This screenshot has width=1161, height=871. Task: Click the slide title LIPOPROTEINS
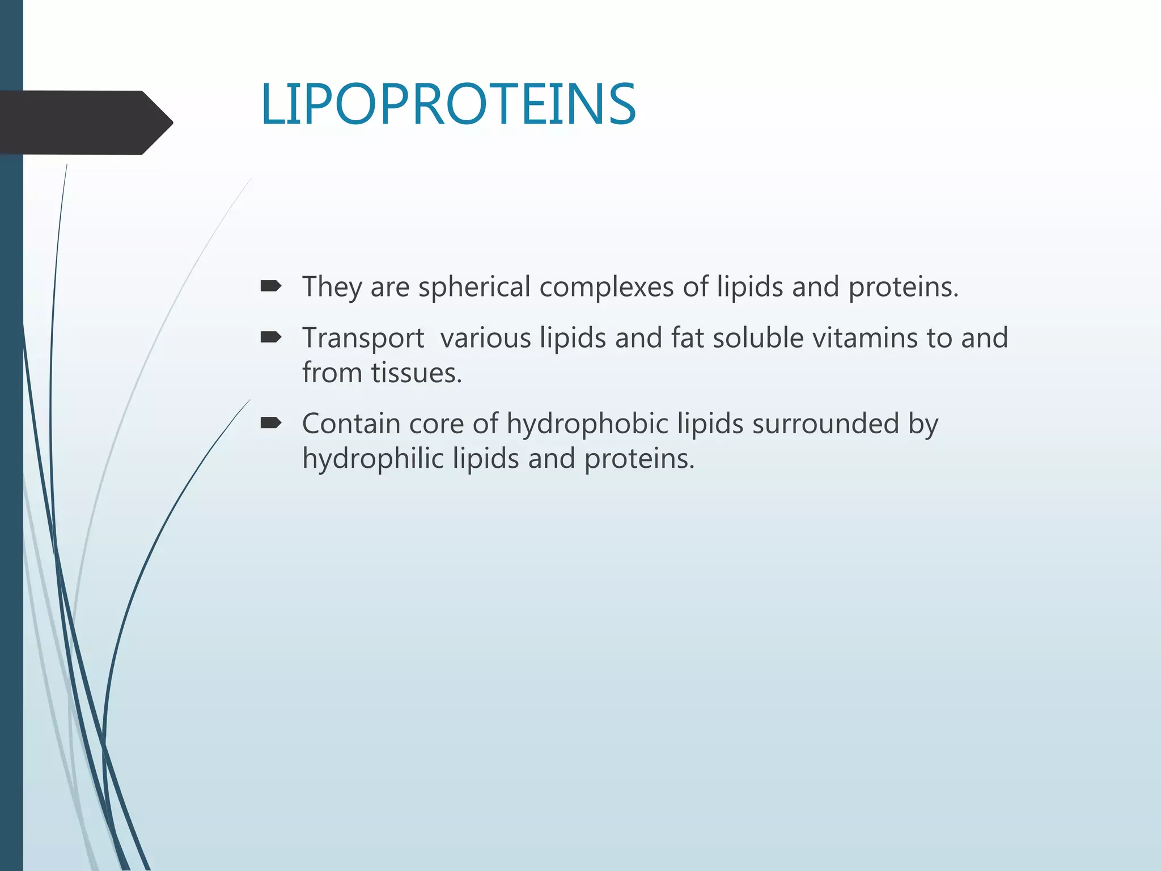click(x=448, y=104)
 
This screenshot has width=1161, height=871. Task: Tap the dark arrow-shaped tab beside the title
click(x=85, y=122)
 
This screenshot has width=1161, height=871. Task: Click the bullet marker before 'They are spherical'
click(x=270, y=286)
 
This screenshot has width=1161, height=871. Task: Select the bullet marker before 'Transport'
click(x=270, y=338)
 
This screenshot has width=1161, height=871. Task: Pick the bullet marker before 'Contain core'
click(x=270, y=423)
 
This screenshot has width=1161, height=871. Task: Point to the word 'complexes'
click(x=606, y=287)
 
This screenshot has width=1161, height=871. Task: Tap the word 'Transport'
click(x=363, y=338)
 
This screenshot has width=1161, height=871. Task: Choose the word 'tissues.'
click(x=417, y=373)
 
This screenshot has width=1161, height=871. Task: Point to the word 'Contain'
click(x=351, y=424)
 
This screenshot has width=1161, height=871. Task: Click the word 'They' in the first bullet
click(x=332, y=287)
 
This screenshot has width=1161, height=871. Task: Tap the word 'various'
click(x=485, y=338)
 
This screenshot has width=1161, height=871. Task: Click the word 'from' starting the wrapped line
click(x=332, y=373)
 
